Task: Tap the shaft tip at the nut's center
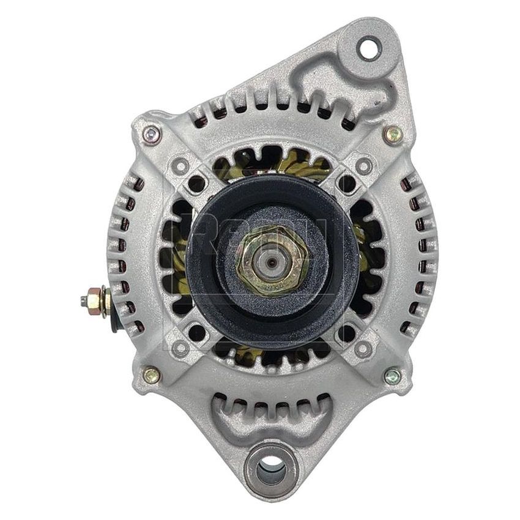(x=272, y=262)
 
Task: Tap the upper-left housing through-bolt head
(x=150, y=135)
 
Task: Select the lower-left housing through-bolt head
(x=150, y=374)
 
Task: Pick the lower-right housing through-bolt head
(x=392, y=376)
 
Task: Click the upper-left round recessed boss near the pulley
(x=181, y=165)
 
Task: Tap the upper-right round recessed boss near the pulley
(x=364, y=165)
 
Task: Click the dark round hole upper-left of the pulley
(x=197, y=184)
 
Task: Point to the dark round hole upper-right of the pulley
(x=347, y=184)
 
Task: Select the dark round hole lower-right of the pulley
(x=347, y=333)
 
